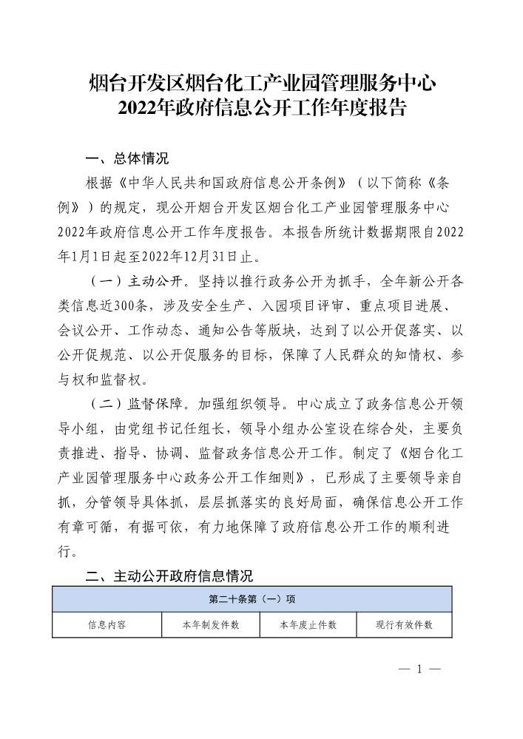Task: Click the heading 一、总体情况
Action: pyautogui.click(x=127, y=158)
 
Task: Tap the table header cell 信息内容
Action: pyautogui.click(x=107, y=625)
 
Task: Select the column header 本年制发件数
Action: pyautogui.click(x=211, y=625)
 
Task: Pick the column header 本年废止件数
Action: pyautogui.click(x=308, y=625)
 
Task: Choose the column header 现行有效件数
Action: pyautogui.click(x=404, y=625)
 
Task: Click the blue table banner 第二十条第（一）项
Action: pyautogui.click(x=252, y=599)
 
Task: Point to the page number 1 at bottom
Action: pyautogui.click(x=419, y=669)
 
